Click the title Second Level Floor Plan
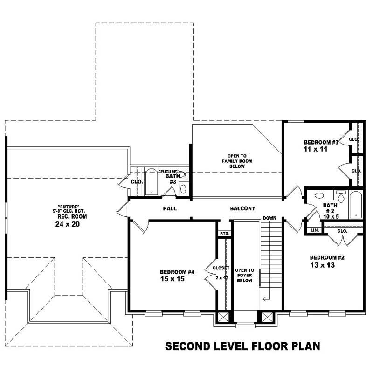pos(242,346)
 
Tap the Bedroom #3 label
pos(320,142)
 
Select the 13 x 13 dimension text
pos(322,265)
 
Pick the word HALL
pos(170,208)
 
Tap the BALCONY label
pos(242,208)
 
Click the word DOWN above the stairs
pos(269,218)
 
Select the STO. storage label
pos(224,233)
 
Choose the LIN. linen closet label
pos(314,230)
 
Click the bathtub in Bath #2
pos(356,204)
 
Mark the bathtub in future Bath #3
pos(152,182)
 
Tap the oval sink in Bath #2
pos(320,196)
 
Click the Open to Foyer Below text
pos(244,276)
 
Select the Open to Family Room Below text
pos(240,161)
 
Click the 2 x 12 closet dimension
pos(221,277)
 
